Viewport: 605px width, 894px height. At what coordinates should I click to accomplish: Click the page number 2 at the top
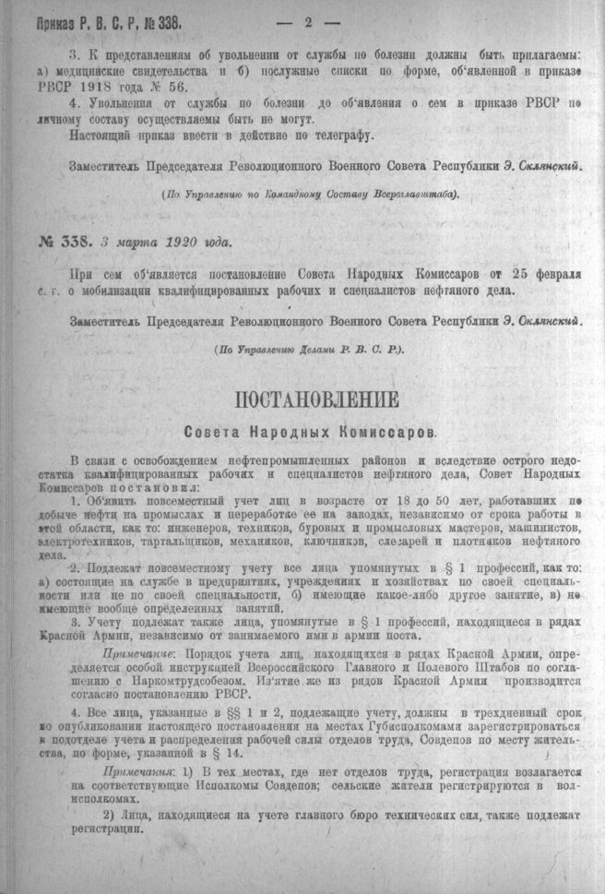pyautogui.click(x=302, y=18)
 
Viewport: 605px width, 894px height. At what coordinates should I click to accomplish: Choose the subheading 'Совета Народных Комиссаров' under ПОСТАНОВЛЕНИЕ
pyautogui.click(x=309, y=431)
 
